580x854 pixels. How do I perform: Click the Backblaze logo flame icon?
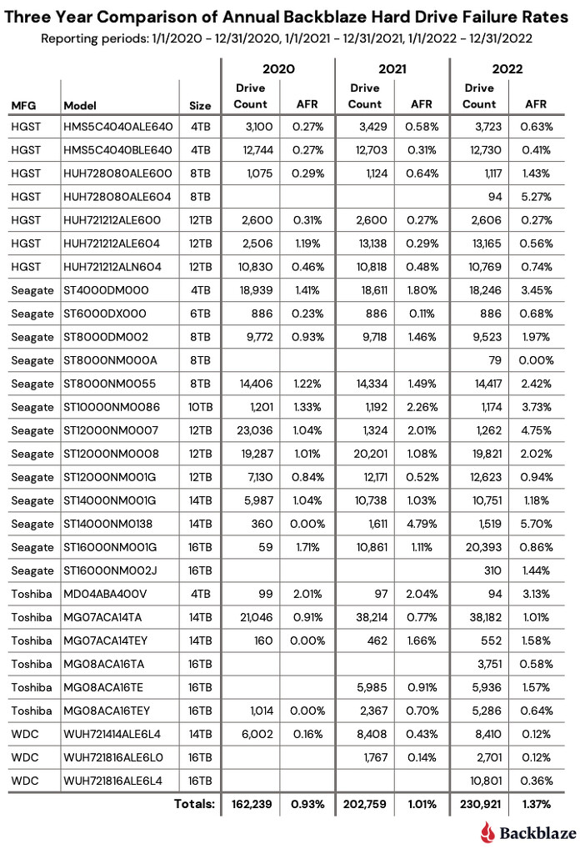[x=488, y=831]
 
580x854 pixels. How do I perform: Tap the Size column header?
[x=200, y=105]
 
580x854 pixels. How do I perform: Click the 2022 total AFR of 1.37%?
[x=536, y=805]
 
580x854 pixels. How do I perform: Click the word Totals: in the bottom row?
[x=194, y=805]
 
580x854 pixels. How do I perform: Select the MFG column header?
[x=23, y=105]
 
